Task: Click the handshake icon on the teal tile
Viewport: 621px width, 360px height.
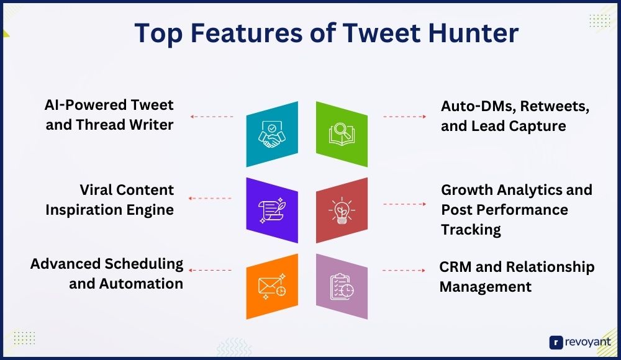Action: point(272,134)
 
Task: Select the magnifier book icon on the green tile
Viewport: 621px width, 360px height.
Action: point(342,134)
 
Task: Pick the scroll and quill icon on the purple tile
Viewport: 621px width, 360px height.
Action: point(272,210)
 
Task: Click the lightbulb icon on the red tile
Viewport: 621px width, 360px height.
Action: point(342,210)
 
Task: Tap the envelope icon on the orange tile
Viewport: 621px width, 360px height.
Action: point(272,286)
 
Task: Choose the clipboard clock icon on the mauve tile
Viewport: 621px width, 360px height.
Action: point(342,286)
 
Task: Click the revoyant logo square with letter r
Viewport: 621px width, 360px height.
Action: point(556,343)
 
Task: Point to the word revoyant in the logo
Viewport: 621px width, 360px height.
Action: point(587,342)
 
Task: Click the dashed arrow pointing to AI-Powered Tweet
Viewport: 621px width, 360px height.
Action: point(212,117)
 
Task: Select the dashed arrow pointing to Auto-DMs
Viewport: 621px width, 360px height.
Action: point(405,117)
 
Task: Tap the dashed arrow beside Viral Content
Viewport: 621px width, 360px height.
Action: point(210,198)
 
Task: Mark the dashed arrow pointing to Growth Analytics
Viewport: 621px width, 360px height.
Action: point(405,204)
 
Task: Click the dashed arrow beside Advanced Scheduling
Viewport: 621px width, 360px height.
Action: point(210,270)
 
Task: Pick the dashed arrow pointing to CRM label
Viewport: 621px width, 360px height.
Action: point(404,271)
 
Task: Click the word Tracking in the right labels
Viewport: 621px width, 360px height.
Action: point(471,230)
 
